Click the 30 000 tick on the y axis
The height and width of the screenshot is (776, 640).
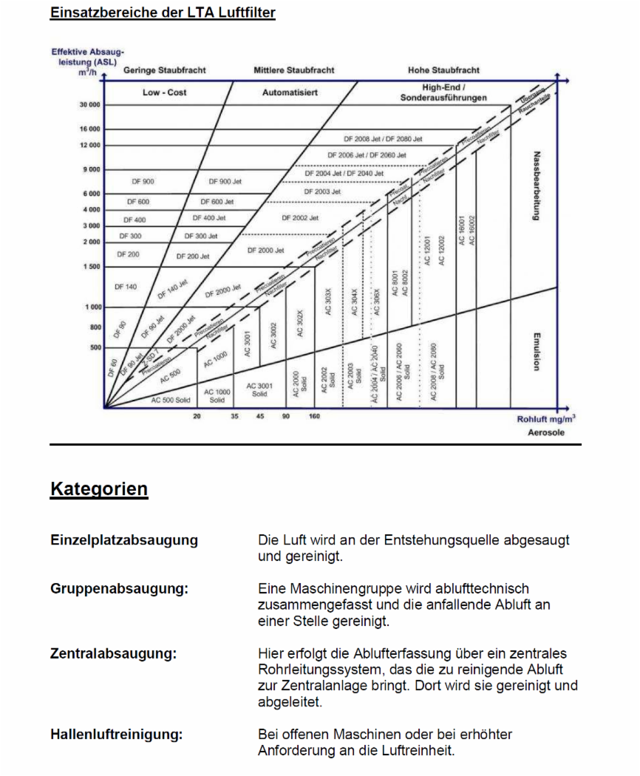point(90,105)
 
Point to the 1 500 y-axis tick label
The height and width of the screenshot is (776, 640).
point(92,267)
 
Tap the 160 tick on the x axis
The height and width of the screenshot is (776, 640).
point(315,417)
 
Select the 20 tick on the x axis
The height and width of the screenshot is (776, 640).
point(197,417)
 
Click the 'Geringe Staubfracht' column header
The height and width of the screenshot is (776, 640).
point(165,70)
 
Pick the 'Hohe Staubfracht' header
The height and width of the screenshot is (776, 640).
point(443,70)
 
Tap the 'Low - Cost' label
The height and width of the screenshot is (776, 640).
point(165,93)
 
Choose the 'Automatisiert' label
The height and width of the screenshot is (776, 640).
point(290,93)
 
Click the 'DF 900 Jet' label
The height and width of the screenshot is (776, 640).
point(225,181)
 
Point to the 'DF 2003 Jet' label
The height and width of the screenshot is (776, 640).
point(323,191)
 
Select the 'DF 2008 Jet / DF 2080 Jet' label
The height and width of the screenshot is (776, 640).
point(383,138)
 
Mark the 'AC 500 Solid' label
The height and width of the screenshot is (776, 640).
point(171,400)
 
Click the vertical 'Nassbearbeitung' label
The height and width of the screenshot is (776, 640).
point(537,186)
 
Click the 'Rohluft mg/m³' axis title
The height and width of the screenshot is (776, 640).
point(546,418)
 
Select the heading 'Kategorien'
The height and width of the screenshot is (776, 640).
point(99,489)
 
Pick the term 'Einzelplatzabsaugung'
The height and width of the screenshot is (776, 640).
point(124,540)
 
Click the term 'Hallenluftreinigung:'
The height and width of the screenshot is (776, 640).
point(117,735)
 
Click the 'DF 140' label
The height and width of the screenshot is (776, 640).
point(126,287)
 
